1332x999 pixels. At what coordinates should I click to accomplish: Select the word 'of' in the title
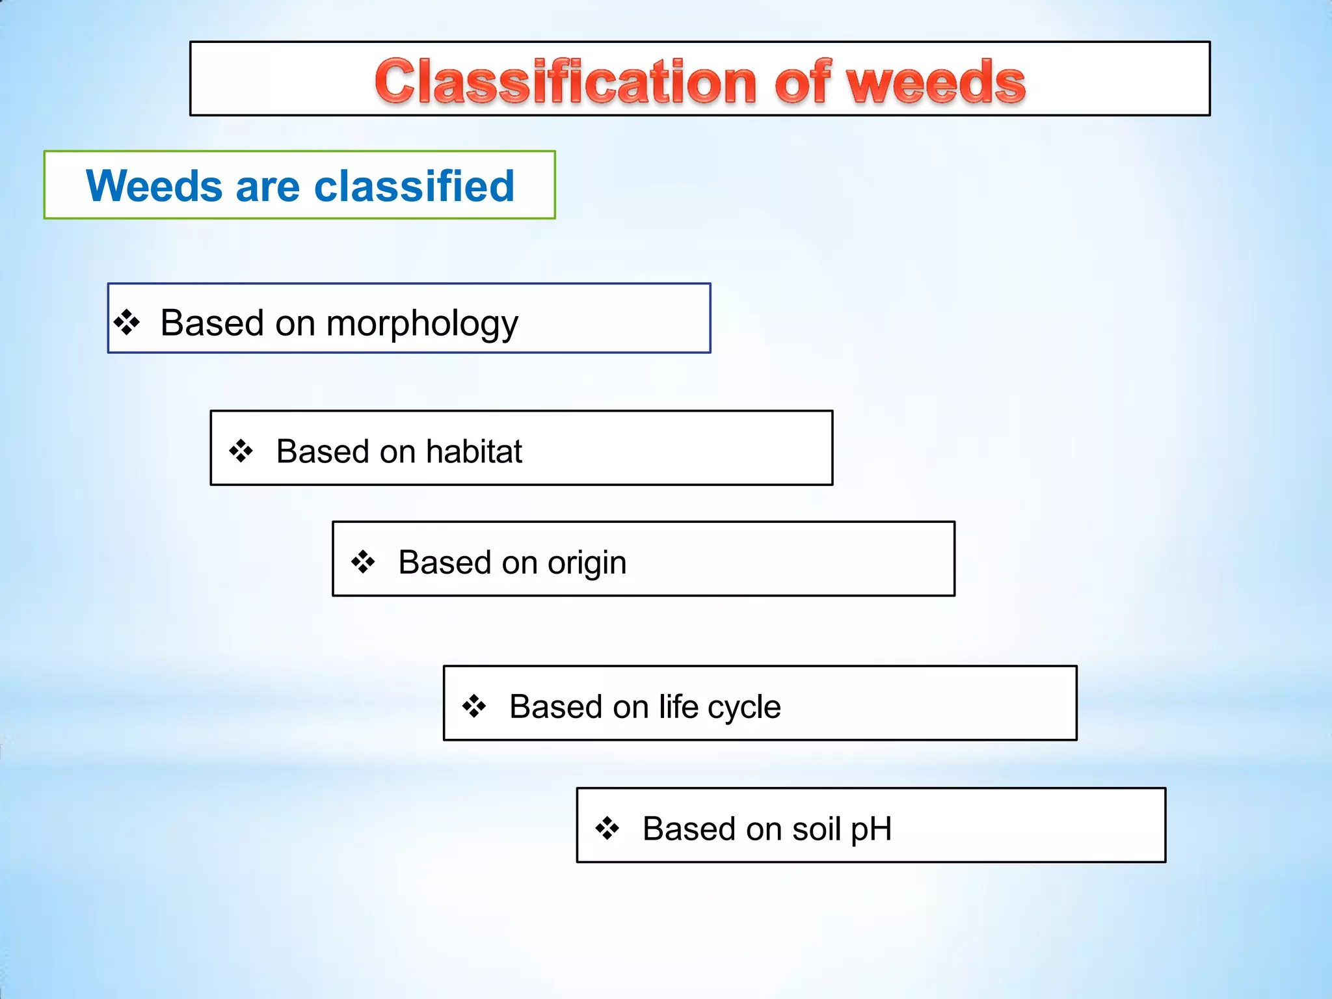tap(803, 82)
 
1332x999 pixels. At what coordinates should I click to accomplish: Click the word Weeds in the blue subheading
tap(155, 186)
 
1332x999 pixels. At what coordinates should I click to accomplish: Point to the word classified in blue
tap(414, 186)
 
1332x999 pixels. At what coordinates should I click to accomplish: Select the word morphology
tap(422, 323)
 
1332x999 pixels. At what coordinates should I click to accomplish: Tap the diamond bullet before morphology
tap(127, 322)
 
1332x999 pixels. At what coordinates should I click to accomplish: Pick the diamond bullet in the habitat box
tap(241, 451)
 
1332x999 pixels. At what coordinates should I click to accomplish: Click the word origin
tap(587, 563)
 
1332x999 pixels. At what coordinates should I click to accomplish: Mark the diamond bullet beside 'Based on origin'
tap(363, 562)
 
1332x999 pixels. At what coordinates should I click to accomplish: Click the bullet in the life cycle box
tap(474, 706)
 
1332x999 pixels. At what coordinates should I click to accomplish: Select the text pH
tap(871, 830)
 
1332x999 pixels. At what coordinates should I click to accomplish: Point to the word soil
tap(816, 829)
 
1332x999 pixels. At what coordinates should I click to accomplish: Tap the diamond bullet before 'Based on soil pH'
tap(607, 828)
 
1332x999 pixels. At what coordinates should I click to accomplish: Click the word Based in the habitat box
tap(323, 451)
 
